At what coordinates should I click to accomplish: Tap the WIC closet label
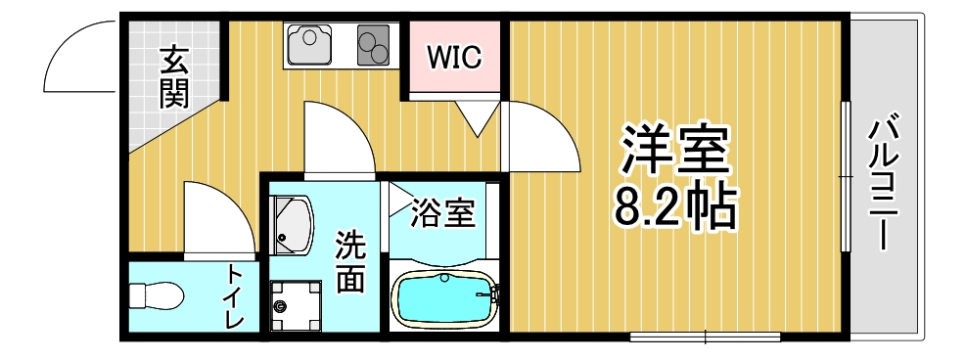455,59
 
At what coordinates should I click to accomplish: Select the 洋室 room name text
675,150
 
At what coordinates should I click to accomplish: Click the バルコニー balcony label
884,181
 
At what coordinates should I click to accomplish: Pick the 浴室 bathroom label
443,213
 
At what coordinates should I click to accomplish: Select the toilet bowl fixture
158,295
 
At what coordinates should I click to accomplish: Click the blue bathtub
443,297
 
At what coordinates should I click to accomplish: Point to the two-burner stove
373,44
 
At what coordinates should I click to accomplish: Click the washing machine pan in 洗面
296,305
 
